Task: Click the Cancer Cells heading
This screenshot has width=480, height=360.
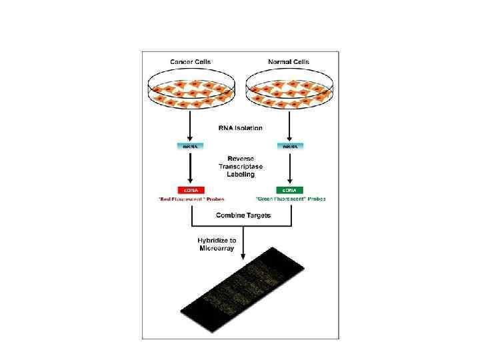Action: tap(191, 62)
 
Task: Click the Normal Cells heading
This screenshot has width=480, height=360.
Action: tap(289, 62)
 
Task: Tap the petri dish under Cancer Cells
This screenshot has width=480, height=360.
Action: tap(191, 91)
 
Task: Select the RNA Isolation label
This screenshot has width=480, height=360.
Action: tap(240, 127)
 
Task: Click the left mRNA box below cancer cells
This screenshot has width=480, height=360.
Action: tap(191, 145)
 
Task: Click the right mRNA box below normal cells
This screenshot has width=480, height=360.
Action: tap(289, 145)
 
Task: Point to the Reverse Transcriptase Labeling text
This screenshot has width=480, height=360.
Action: tap(240, 165)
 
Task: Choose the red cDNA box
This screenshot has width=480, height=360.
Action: tap(191, 190)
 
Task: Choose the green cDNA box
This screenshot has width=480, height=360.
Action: tap(289, 190)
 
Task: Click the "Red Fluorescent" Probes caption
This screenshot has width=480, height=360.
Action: tap(191, 199)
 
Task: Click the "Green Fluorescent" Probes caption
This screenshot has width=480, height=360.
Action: tap(289, 199)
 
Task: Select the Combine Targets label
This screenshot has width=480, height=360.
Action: tap(240, 215)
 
